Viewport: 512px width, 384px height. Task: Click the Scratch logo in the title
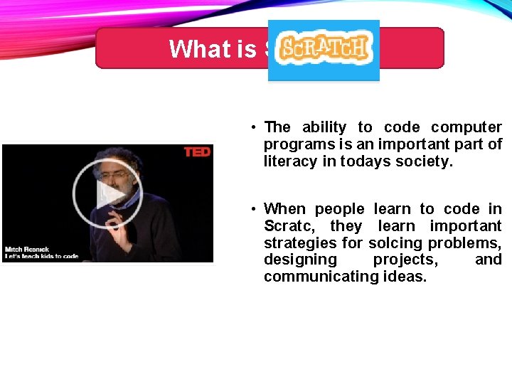point(324,48)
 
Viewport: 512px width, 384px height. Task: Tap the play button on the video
point(108,193)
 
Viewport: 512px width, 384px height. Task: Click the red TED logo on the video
point(197,152)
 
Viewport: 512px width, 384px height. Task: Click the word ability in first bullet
point(324,127)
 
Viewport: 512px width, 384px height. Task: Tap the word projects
point(405,260)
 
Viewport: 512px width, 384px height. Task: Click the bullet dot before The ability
point(253,128)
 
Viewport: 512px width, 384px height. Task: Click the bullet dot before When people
point(253,209)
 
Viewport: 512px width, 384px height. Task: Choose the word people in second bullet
point(341,209)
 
